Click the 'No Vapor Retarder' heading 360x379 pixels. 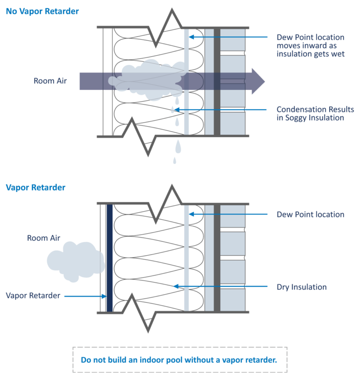pos(42,10)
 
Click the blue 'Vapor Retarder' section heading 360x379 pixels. pos(36,187)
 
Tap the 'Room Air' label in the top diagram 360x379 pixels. pos(50,81)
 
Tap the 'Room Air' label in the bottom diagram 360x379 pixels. pos(44,238)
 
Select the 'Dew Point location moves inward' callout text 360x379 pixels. pos(310,45)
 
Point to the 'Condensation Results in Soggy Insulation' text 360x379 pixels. pos(315,114)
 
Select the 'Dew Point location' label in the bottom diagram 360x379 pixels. pos(310,215)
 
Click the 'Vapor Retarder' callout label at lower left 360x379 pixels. pos(33,296)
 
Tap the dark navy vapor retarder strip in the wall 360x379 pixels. pos(110,258)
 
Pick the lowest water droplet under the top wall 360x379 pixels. pos(175,161)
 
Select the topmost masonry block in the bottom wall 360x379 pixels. pos(232,216)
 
